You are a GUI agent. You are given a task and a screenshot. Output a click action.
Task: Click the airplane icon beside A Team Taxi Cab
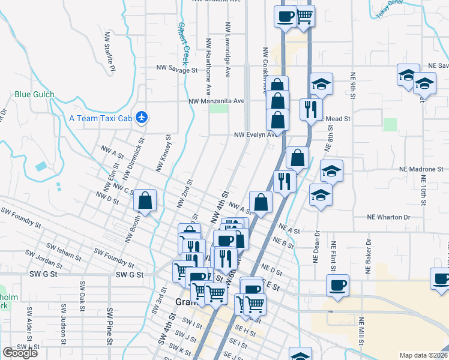point(142,117)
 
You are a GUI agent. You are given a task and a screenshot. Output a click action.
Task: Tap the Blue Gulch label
point(34,94)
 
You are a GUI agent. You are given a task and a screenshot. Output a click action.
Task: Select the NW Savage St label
point(176,70)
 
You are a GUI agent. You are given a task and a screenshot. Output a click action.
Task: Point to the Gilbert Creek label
point(182,43)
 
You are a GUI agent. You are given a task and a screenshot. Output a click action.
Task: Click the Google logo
point(20,353)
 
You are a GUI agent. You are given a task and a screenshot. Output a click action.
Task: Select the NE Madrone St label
point(420,169)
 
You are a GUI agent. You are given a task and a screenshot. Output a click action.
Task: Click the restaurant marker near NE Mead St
point(310,109)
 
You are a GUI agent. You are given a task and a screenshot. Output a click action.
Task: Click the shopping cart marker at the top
point(304,16)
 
